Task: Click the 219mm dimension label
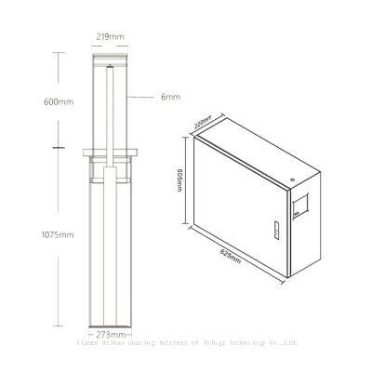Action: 110,38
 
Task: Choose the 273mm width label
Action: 112,332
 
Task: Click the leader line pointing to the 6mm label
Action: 139,98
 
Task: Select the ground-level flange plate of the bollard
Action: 111,152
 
